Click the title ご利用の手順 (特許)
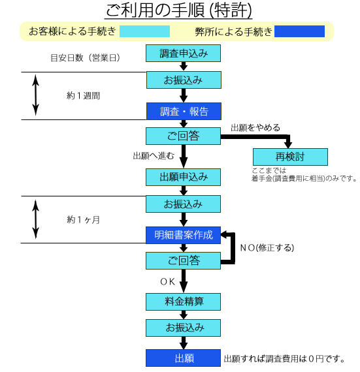178,10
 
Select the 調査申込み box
184,54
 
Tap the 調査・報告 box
184,111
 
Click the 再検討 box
290,157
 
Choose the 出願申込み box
184,178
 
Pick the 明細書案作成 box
184,236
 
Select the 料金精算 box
184,302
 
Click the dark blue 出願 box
184,358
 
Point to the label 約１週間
84,96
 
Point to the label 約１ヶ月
84,220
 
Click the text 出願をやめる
255,128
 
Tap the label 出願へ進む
154,156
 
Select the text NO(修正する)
267,248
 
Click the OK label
168,281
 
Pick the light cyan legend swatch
144,31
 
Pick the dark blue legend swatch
299,31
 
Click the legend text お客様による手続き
73,31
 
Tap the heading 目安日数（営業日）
85,57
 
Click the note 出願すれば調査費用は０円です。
284,359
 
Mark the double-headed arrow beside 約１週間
36,95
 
